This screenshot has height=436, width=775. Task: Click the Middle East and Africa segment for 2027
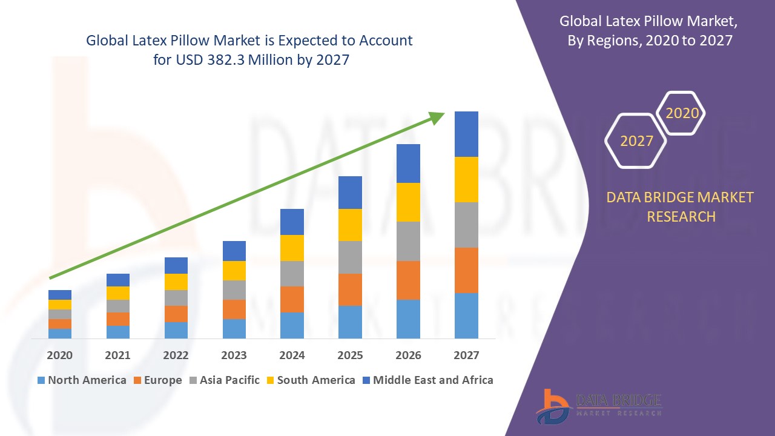point(466,134)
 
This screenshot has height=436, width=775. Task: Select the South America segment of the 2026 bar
point(408,202)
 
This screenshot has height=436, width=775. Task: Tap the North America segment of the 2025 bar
point(350,322)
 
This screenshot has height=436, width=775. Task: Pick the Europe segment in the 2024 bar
point(292,299)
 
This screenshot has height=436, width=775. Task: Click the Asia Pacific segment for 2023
point(234,289)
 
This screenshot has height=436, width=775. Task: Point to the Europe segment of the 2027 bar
point(466,270)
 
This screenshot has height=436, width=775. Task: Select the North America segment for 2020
point(60,333)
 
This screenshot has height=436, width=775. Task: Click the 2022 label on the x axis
point(176,355)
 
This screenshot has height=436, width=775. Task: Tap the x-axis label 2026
point(408,355)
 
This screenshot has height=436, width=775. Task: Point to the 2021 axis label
point(117,355)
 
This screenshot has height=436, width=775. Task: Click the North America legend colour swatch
point(41,380)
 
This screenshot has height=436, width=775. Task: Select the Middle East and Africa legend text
point(433,380)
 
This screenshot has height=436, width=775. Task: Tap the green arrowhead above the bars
point(436,117)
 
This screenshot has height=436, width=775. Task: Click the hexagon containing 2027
point(636,141)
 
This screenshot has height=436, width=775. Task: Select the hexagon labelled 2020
point(682,113)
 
